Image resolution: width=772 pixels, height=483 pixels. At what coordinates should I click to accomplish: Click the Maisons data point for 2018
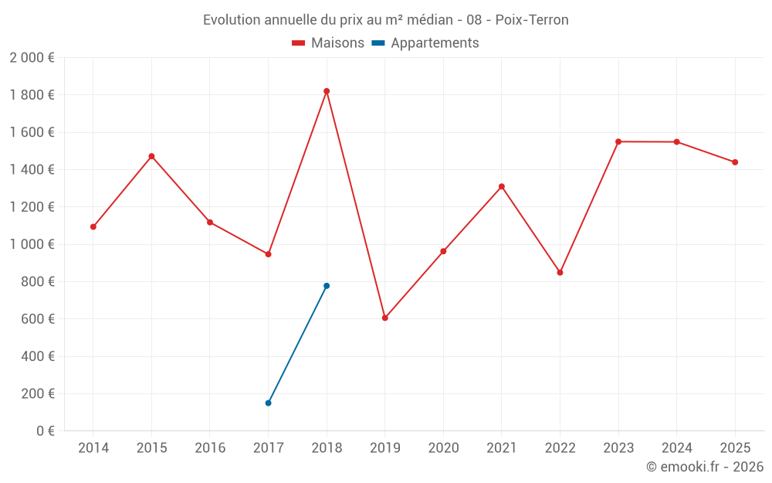pos(327,91)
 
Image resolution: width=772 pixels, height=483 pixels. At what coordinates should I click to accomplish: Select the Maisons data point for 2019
pos(384,318)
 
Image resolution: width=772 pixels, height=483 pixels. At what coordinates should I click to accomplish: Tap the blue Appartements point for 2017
pos(268,403)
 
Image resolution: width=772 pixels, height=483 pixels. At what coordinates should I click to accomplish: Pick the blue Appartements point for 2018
pos(327,286)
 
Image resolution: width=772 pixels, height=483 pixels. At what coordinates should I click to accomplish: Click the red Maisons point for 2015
pos(151,156)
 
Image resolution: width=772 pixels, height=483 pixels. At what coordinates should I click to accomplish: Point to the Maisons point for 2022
pos(560,273)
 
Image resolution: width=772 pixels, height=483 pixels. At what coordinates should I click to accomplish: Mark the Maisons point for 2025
pos(735,162)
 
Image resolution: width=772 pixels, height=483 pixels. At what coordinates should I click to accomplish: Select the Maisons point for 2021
pos(502,186)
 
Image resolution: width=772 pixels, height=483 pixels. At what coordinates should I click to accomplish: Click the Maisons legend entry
pos(328,43)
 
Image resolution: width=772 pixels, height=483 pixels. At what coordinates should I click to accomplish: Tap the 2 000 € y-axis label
pos(32,57)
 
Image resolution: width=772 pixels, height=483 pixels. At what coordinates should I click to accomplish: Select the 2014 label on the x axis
pos(93,447)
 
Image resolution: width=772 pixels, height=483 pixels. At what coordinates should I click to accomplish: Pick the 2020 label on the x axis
pos(443,447)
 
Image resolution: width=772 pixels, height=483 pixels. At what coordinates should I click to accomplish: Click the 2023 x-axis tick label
pos(618,447)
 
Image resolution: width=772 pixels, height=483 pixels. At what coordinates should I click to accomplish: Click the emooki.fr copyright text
pos(705,467)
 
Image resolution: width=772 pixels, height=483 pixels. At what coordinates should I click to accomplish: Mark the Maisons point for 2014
pos(93,227)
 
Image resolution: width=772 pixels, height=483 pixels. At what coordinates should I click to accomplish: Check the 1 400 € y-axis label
pos(32,169)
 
